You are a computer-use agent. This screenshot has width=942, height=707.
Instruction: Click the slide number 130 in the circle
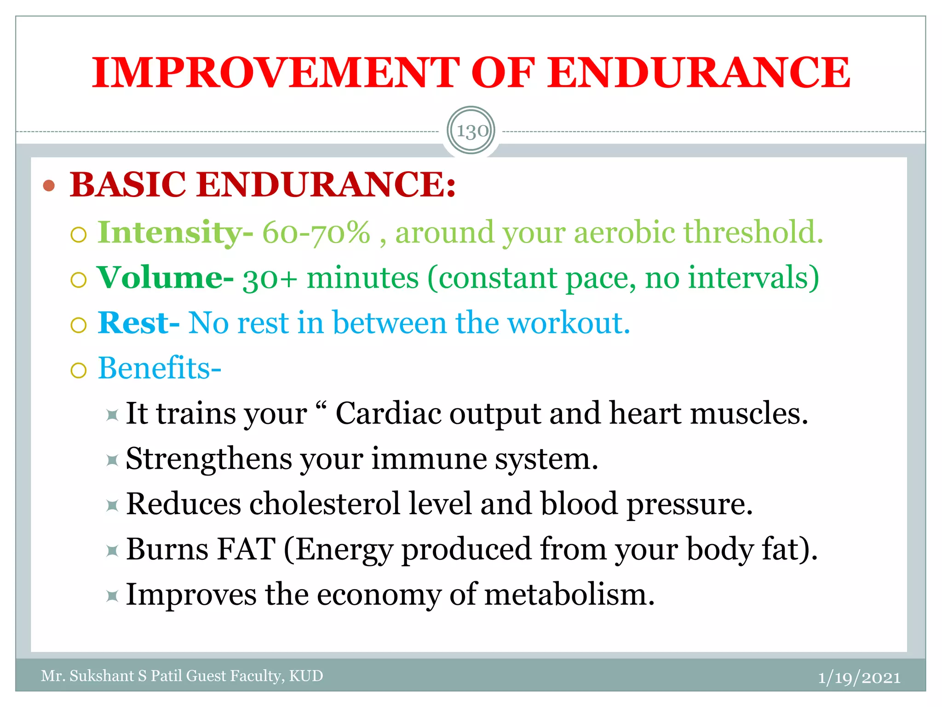[472, 131]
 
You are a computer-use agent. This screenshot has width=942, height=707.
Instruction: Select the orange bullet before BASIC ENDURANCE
[49, 186]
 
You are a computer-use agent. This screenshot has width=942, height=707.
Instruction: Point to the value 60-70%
[316, 232]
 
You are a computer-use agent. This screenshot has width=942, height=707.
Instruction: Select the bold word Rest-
[138, 323]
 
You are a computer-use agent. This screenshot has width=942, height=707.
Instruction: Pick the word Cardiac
[388, 413]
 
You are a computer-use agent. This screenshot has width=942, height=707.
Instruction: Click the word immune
[429, 459]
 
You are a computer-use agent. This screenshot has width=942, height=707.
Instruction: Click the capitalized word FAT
[247, 549]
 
